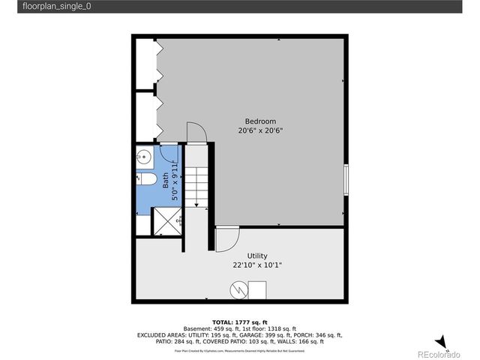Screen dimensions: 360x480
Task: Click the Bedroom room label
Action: pos(261,121)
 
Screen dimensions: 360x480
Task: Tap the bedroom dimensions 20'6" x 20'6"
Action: pos(261,130)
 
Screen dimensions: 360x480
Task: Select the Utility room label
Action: pos(257,256)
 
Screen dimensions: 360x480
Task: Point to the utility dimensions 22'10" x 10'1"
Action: pos(257,265)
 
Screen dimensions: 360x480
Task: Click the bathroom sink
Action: pos(145,157)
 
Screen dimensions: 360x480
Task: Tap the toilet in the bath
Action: pos(146,179)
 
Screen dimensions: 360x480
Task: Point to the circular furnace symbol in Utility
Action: pos(238,288)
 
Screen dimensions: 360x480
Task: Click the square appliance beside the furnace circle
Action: pos(257,289)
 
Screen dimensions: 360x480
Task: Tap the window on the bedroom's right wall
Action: pos(346,179)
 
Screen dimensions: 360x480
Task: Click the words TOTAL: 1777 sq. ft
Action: pos(240,321)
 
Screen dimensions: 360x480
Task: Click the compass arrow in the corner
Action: pos(441,341)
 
